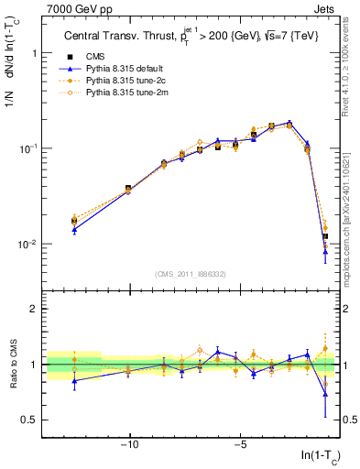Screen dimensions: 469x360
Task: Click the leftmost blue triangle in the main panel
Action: click(74, 230)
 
